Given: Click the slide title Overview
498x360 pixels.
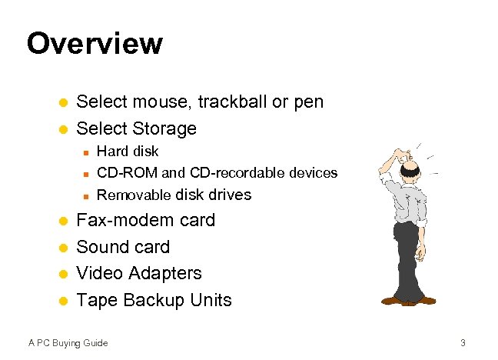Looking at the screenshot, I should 95,43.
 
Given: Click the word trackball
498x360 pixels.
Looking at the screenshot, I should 230,102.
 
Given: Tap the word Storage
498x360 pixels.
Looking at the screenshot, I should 164,128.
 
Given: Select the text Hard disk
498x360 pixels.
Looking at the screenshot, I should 128,151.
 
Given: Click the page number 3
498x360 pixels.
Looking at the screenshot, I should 463,342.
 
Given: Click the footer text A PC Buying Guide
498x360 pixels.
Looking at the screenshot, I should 68,342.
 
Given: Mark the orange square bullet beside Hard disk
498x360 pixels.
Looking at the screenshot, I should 86,152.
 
